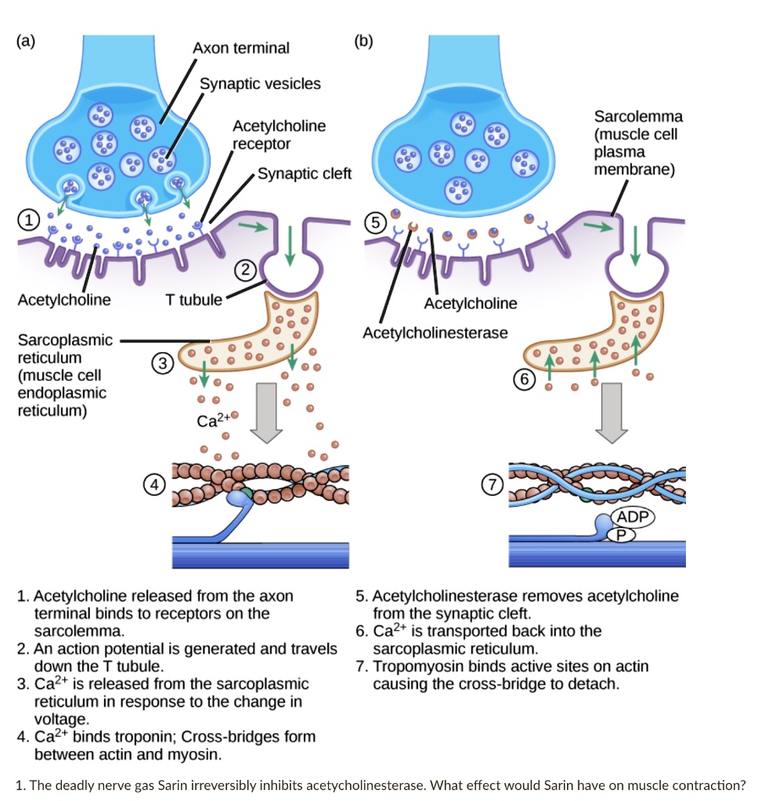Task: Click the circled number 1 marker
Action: (29, 221)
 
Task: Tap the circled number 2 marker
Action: (245, 270)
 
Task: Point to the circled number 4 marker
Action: (156, 485)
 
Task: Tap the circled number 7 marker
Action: (491, 485)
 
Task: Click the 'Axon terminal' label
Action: (240, 48)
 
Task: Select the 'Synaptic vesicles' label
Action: (260, 84)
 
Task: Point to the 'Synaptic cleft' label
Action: (304, 174)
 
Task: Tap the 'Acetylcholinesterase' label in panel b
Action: (435, 332)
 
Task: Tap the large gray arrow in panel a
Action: (269, 409)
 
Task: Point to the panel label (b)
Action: (363, 41)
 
